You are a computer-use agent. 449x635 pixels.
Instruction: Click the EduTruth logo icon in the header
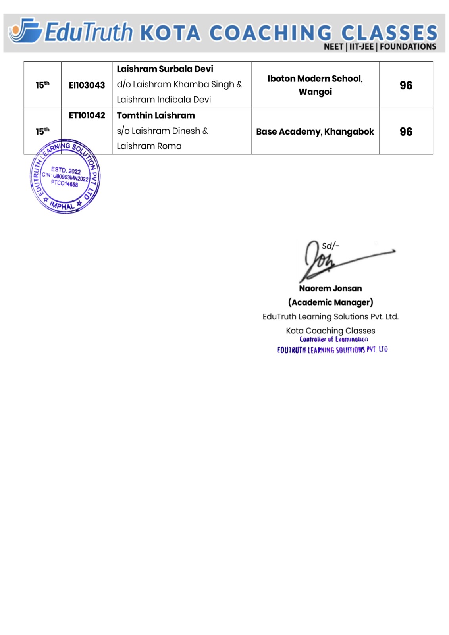tap(25, 31)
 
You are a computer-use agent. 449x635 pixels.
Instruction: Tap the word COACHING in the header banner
tap(270, 33)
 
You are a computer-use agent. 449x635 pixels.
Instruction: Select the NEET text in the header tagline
tap(333, 47)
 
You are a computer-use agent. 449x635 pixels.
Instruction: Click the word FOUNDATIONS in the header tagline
tap(408, 47)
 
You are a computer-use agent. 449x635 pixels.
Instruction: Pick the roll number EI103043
tap(87, 85)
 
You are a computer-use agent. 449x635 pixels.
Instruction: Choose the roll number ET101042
tap(87, 115)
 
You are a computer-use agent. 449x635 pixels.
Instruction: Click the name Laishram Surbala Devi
tap(165, 69)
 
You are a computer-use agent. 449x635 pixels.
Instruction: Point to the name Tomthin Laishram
tap(156, 115)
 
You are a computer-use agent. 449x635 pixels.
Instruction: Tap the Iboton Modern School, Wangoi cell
tap(315, 85)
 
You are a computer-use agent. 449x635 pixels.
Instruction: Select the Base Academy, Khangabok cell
tap(315, 132)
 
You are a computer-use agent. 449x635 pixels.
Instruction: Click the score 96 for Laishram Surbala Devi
tap(406, 85)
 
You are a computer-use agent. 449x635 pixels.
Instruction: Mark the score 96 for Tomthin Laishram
tap(406, 132)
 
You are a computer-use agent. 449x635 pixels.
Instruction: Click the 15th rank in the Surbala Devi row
tap(42, 85)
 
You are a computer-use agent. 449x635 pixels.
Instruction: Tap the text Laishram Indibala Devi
tap(164, 100)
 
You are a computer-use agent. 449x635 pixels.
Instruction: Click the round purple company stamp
tap(65, 177)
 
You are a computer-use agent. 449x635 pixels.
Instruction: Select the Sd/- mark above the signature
tap(330, 246)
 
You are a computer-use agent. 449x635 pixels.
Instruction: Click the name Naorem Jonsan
tap(330, 289)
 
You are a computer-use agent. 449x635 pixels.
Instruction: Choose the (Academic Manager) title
tap(330, 302)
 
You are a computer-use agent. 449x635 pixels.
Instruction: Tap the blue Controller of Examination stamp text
tap(333, 340)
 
